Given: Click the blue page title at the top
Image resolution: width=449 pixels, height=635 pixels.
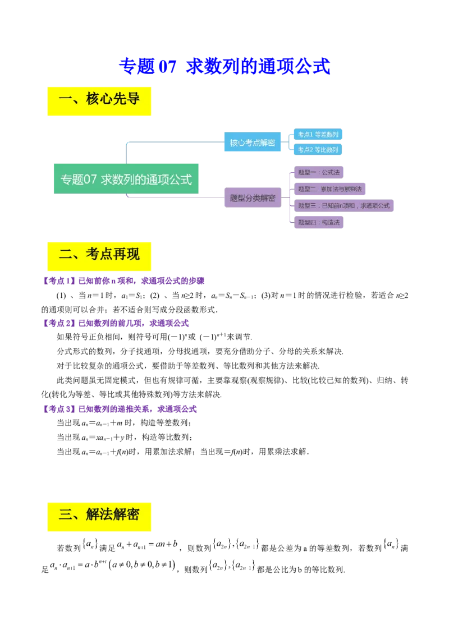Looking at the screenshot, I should (224, 67).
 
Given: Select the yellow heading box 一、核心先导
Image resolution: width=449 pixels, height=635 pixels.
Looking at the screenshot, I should (99, 100).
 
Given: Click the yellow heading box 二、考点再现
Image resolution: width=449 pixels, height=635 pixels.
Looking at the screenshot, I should (99, 255).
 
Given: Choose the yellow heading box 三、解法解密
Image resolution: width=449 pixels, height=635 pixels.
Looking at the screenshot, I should (99, 514).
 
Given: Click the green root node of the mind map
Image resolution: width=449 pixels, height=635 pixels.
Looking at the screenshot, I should (126, 180).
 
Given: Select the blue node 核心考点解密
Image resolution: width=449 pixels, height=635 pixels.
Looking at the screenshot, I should (253, 142).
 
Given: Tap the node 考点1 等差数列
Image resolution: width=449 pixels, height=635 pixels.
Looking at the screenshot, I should (318, 135).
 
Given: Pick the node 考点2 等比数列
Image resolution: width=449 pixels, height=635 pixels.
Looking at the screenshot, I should (318, 150).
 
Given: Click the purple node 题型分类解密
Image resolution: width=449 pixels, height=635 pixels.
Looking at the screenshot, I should (253, 197).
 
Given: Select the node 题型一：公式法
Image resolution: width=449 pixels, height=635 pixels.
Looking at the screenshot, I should (319, 172).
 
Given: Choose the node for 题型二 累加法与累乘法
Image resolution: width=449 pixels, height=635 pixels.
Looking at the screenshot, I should (330, 189).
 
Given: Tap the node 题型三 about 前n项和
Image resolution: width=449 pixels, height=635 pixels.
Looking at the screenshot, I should (343, 206).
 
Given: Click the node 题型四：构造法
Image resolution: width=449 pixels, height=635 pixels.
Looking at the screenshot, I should (319, 222).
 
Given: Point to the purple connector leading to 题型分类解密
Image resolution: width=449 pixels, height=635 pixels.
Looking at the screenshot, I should (174, 197).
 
